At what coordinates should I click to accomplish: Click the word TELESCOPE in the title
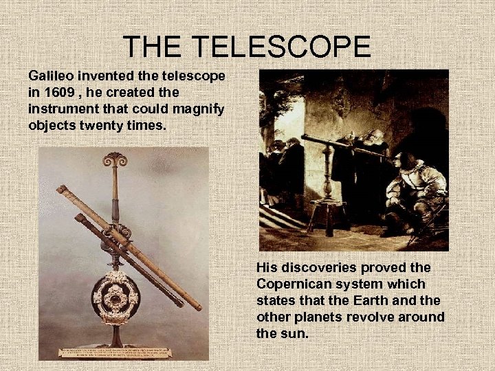pyautogui.click(x=280, y=47)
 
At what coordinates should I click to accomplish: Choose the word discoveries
pyautogui.click(x=318, y=267)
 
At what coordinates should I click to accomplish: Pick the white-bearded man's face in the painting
pyautogui.click(x=377, y=136)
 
